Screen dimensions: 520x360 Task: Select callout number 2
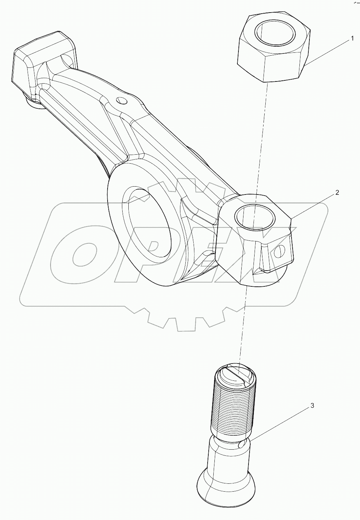[x=337, y=193]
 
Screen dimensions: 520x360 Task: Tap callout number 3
[x=312, y=406]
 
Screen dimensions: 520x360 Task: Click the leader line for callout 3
[x=280, y=423]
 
